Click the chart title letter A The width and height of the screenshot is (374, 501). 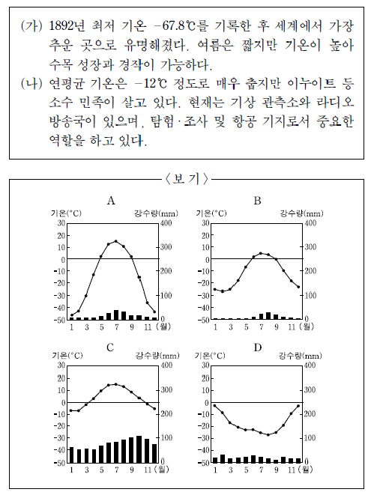pos(111,201)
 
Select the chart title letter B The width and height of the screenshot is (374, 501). pos(257,201)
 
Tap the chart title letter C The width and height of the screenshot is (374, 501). pos(110,347)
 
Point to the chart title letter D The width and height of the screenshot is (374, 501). pos(258,347)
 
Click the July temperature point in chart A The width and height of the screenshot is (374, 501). pos(116,241)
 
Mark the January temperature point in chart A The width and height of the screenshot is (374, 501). pos(72,315)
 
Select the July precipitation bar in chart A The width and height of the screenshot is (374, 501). pos(116,315)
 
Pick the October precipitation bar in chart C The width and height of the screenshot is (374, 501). pos(139,449)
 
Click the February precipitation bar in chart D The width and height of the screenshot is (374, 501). pos(223,458)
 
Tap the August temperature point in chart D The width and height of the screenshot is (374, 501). pos(268,435)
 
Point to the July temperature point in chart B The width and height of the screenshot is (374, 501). pos(261,253)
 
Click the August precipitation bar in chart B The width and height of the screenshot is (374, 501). pos(268,316)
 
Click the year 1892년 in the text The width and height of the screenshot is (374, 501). pos(67,26)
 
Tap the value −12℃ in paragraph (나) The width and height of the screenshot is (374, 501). pos(151,83)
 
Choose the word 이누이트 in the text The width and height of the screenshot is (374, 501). pos(312,83)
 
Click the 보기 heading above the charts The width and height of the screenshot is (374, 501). pos(187,179)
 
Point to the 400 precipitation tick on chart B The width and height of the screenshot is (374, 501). pos(310,223)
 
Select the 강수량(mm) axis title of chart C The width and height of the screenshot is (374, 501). pos(157,356)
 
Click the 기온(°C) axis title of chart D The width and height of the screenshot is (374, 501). pos(210,356)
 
